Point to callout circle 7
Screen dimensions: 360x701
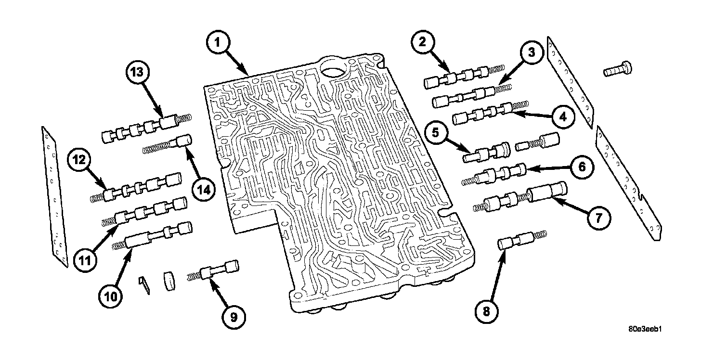click(597, 218)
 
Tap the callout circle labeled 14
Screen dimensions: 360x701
click(202, 190)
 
